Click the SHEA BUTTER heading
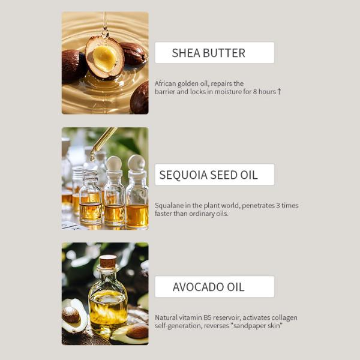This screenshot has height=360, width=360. click(208, 53)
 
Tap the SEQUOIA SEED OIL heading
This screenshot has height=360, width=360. click(208, 175)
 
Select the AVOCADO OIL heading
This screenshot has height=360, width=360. click(208, 287)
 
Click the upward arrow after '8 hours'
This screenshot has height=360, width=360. click(279, 92)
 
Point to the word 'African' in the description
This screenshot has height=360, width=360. click(166, 83)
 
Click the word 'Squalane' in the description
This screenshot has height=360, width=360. click(170, 205)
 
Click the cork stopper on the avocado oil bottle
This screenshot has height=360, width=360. click(108, 262)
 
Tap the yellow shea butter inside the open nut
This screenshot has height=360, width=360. click(105, 59)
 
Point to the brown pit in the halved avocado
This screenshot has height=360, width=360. click(71, 314)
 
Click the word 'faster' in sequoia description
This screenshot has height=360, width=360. click(165, 213)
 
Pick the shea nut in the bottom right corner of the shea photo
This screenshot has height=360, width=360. click(140, 97)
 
